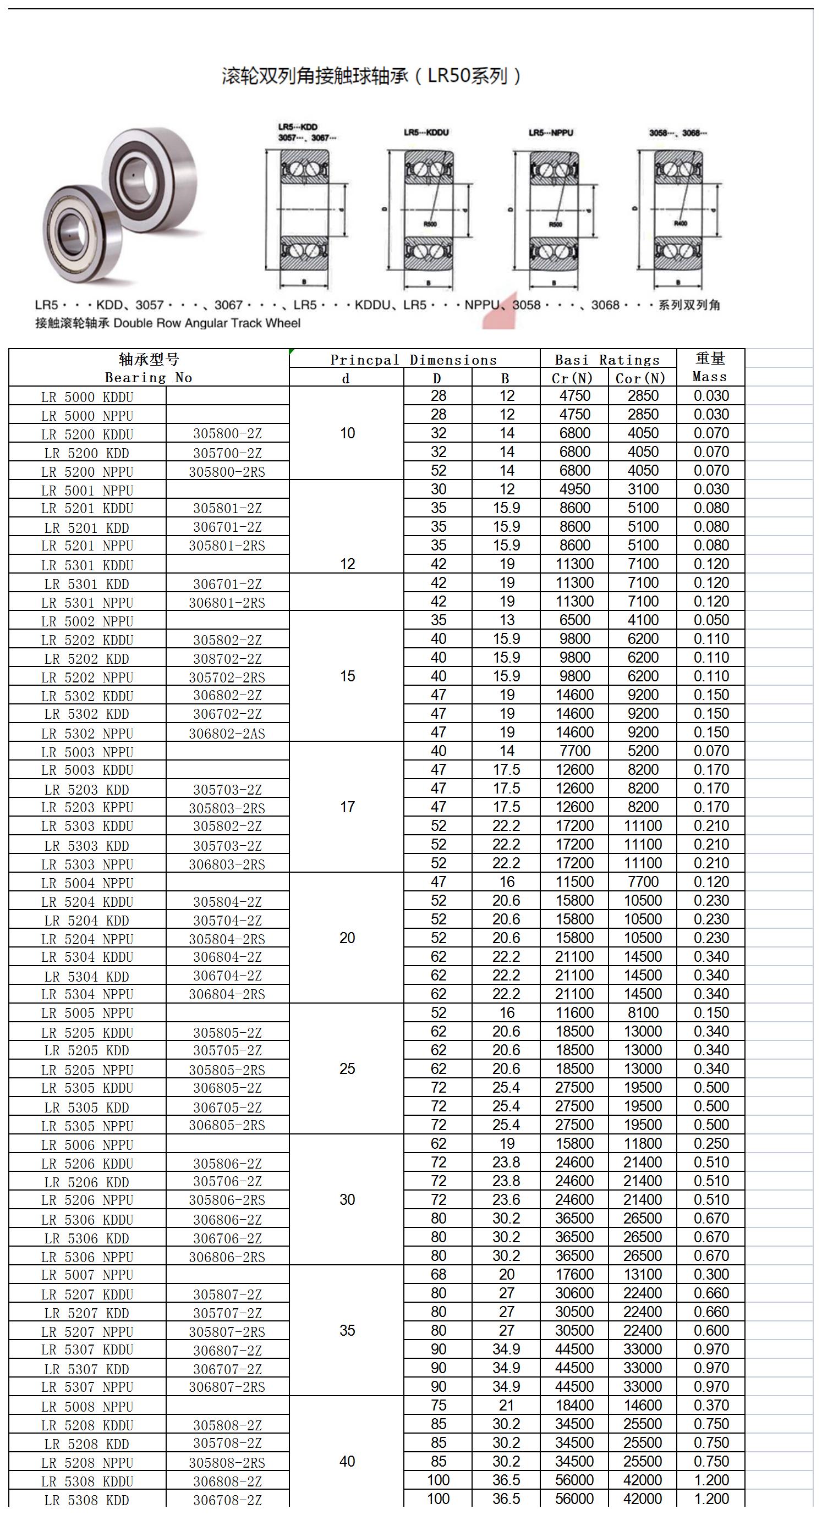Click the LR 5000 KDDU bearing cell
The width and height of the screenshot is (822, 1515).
87,397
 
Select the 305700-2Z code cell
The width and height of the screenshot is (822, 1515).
227,453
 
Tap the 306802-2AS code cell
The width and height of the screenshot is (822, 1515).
227,734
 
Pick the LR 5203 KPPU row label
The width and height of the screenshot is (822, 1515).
87,807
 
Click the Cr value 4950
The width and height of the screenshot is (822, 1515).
574,489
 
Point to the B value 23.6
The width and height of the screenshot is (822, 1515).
506,1200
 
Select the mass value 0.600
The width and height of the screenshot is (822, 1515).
711,1331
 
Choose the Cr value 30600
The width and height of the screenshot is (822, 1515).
574,1293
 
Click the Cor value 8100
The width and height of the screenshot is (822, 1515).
643,1013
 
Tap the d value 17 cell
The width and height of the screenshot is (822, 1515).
347,807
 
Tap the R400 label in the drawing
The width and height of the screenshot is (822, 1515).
680,223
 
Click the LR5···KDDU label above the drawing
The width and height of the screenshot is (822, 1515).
426,133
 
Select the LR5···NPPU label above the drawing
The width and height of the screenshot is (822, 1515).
551,133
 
